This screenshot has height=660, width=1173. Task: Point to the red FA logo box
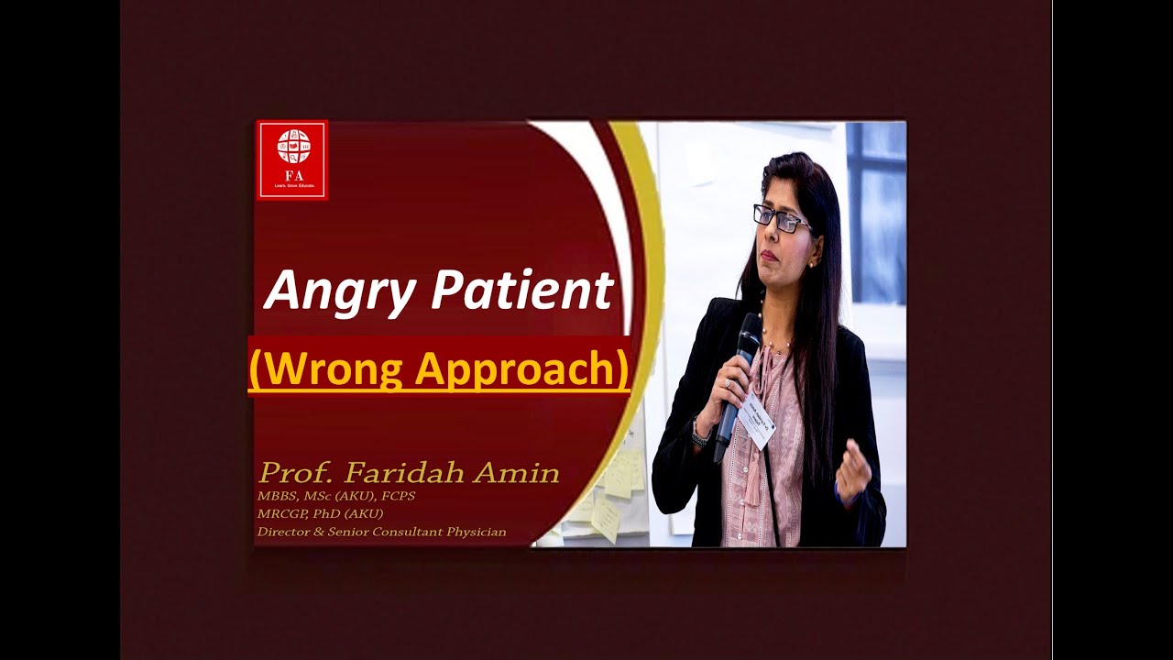click(x=292, y=159)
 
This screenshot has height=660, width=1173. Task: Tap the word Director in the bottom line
click(x=285, y=532)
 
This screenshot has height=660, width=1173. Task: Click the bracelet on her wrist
click(x=700, y=432)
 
